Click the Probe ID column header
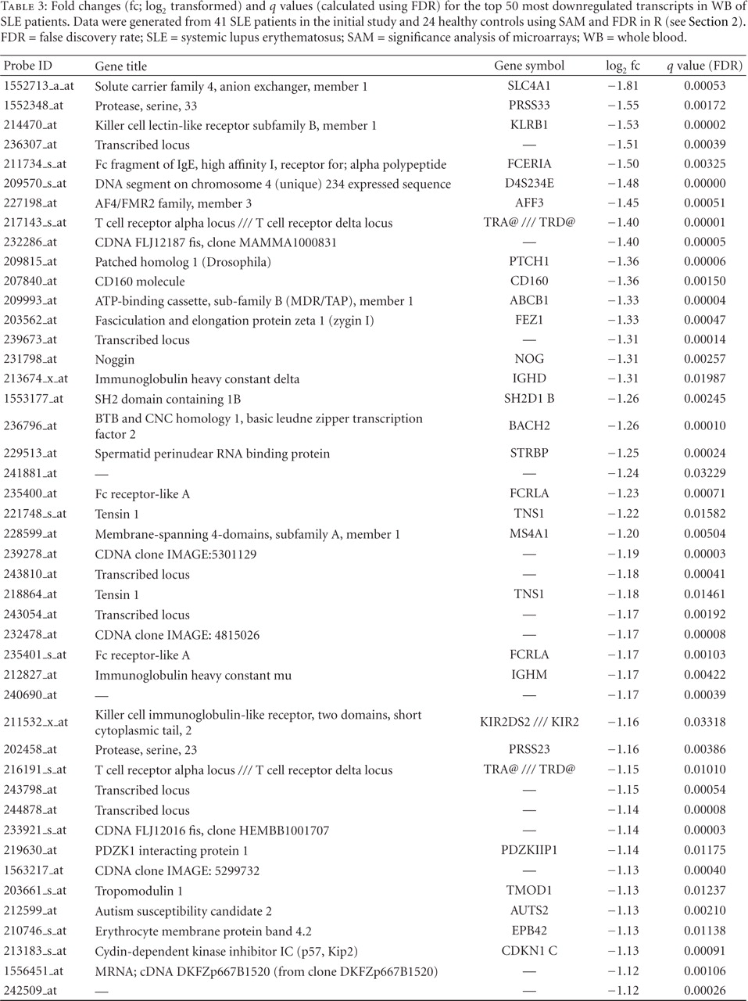[28, 66]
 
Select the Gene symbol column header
[529, 66]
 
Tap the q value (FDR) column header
[704, 66]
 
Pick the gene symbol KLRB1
[529, 125]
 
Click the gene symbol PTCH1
[529, 262]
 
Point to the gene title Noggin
[115, 359]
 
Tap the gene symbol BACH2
[529, 425]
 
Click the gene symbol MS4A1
[529, 534]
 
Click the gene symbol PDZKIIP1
[529, 850]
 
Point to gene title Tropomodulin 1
[139, 891]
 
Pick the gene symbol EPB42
[529, 931]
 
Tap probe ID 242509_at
[30, 991]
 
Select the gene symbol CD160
[529, 281]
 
